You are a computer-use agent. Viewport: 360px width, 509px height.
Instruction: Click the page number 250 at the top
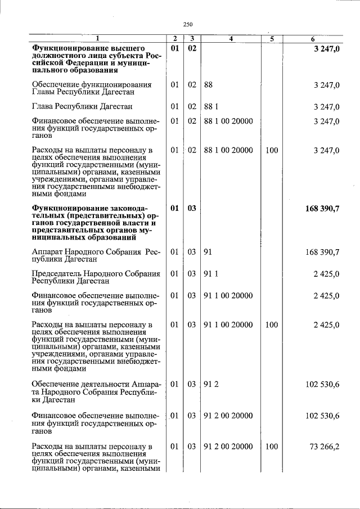[188, 24]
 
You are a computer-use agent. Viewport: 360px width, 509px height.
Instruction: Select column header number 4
[231, 38]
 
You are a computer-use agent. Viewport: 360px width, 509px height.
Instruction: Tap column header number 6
[313, 38]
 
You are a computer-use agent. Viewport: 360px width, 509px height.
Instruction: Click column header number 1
[97, 38]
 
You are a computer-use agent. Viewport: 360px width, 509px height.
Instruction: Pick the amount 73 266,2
[325, 447]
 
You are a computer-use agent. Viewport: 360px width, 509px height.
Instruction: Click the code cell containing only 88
[208, 84]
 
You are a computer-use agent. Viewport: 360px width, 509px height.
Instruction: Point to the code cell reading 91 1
[210, 274]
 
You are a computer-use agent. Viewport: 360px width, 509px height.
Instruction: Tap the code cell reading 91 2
[210, 384]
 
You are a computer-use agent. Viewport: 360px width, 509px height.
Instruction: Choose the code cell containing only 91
[208, 252]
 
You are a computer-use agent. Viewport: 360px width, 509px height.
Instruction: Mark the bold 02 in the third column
[192, 48]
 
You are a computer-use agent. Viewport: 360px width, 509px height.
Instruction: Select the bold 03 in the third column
[192, 208]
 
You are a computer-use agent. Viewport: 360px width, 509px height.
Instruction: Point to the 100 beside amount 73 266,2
[272, 447]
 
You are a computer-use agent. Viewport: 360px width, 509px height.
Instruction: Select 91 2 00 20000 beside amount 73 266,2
[228, 447]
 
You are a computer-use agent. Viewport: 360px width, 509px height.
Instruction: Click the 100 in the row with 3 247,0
[272, 150]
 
